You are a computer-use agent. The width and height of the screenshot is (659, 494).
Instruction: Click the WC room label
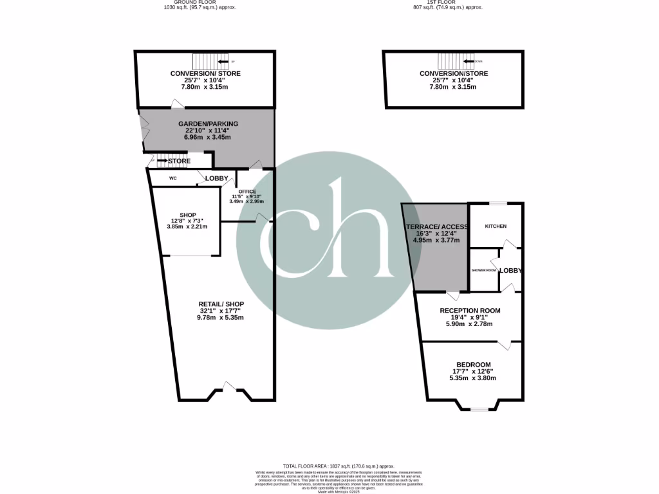(x=173, y=178)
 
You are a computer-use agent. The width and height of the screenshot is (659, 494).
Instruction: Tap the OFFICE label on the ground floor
(x=247, y=191)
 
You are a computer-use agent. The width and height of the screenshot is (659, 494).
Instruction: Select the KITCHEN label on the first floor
(x=496, y=226)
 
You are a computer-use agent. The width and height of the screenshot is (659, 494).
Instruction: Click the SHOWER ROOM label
(x=484, y=270)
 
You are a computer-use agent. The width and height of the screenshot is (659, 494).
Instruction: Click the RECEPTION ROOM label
(x=470, y=311)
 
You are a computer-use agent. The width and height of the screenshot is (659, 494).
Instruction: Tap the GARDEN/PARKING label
(x=208, y=123)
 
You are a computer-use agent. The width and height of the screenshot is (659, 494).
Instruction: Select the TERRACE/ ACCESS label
(x=436, y=227)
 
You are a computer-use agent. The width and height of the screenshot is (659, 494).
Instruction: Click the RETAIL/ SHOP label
(x=221, y=304)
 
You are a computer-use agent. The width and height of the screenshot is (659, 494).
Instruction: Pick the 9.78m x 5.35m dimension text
(x=221, y=318)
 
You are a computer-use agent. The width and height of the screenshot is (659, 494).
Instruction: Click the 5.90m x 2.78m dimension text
(x=470, y=324)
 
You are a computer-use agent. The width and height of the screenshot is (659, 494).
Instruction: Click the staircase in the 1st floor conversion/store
(x=456, y=61)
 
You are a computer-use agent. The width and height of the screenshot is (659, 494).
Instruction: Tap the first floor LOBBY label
(x=511, y=270)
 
